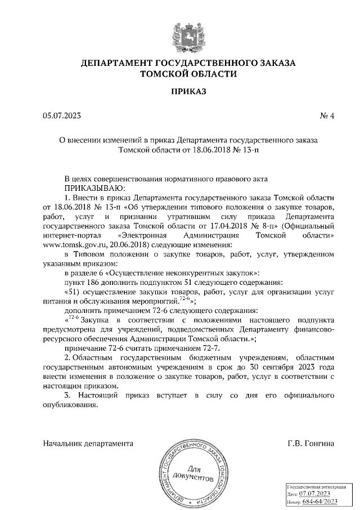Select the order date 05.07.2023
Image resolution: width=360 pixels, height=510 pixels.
62,117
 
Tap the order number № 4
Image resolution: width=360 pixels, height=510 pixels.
327,117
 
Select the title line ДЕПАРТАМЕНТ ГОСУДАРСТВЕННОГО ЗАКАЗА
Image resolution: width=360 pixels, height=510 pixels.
188,63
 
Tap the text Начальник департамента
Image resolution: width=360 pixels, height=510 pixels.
88,443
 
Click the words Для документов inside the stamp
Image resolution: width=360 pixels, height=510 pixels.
193,475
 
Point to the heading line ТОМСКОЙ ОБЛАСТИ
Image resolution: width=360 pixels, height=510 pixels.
188,74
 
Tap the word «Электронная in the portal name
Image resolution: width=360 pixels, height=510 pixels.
144,235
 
